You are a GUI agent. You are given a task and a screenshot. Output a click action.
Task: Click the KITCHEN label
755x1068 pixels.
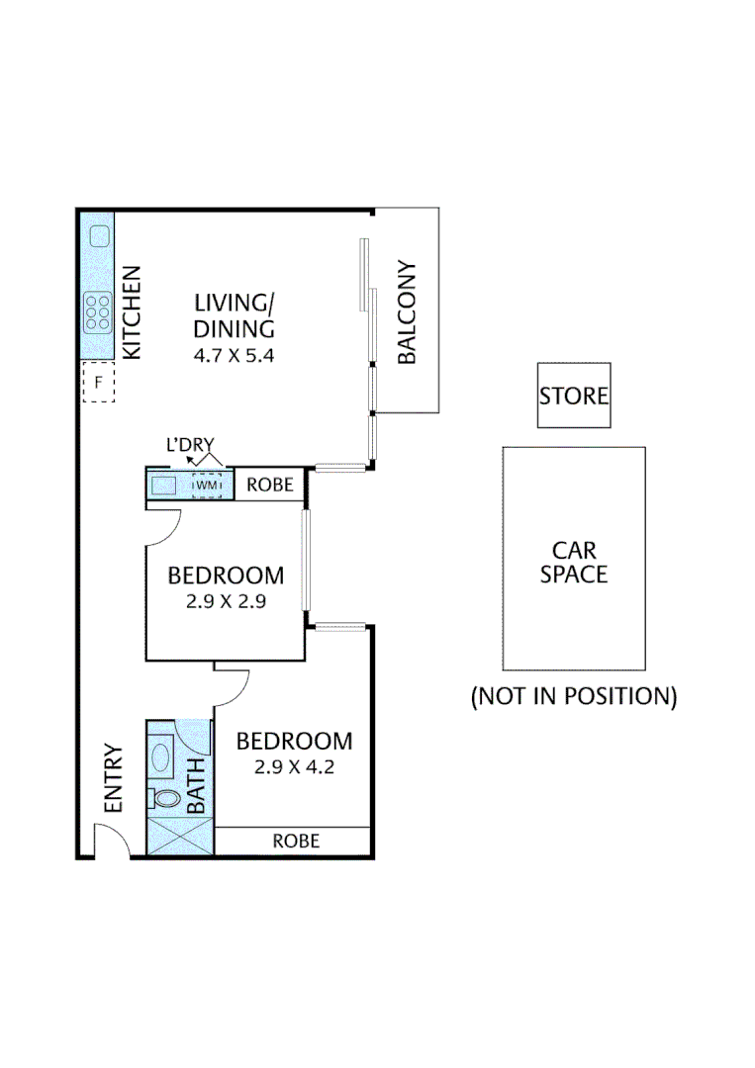click(132, 312)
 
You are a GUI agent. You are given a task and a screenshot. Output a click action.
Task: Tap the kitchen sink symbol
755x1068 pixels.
click(99, 235)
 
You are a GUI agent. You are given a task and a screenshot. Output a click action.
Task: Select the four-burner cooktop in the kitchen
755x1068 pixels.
click(98, 312)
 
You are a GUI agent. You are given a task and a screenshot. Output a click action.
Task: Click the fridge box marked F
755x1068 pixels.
click(98, 382)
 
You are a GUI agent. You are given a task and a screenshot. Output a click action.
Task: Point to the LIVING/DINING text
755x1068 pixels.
click(234, 315)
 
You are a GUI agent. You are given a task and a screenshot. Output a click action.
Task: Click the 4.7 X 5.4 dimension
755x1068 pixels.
click(234, 353)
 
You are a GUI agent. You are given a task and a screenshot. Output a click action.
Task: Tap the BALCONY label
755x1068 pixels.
click(406, 312)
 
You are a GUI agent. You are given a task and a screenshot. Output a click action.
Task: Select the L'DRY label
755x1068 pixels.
click(190, 446)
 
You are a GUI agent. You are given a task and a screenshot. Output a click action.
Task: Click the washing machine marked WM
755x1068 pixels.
click(206, 486)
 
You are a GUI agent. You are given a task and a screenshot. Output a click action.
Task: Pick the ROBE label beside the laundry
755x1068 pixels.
click(269, 486)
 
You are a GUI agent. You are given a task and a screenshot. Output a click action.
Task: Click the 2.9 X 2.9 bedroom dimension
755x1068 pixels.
click(226, 600)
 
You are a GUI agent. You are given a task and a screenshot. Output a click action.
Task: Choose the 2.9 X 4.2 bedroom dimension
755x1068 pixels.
click(294, 766)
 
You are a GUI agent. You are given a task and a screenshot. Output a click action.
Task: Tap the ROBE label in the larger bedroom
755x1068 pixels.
click(296, 842)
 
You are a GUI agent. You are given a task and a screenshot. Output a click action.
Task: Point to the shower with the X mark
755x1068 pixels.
click(179, 836)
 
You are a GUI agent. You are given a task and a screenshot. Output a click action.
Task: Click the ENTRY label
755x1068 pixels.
click(112, 778)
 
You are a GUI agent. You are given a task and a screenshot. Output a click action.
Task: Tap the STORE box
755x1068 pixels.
click(574, 396)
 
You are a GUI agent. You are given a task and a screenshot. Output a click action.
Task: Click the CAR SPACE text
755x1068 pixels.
click(574, 562)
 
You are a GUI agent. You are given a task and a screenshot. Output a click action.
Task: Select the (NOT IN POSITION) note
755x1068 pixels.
click(574, 697)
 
